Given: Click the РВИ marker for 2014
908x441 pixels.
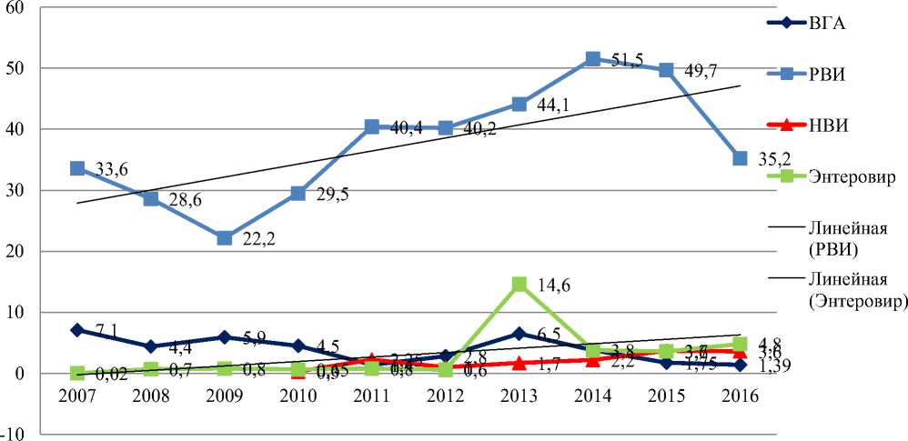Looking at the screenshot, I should coord(593,59).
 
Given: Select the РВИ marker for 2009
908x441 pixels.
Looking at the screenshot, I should coord(225,238).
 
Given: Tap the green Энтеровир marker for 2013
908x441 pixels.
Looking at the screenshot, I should coord(520,285).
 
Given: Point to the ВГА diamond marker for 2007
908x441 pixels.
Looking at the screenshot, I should coord(77,330).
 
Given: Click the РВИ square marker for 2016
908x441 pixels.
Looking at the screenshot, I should coord(741,159).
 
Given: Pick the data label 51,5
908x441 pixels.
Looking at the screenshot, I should coord(626,61).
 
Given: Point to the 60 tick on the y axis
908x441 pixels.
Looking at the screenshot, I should coord(18,7).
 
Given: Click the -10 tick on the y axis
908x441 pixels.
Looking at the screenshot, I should coord(16,434).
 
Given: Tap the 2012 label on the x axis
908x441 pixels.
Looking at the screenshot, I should coord(446,398).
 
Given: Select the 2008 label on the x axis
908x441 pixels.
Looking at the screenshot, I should coord(151,398).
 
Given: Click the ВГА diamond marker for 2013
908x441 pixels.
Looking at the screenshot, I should coord(520,334).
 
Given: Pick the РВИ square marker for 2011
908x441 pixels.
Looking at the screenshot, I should coord(372,127).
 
